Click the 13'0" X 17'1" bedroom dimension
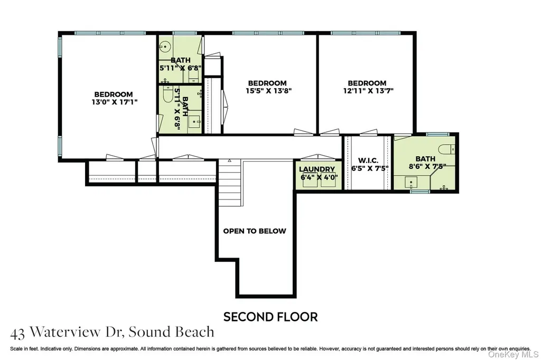[x=114, y=102]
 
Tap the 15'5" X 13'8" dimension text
[x=269, y=91]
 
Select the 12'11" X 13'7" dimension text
[x=368, y=91]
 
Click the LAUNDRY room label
[x=317, y=169]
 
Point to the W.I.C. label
[x=368, y=160]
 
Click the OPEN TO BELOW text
[x=255, y=231]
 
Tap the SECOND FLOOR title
[x=270, y=317]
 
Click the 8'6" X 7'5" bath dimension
[x=427, y=167]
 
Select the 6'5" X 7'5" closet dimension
[x=370, y=168]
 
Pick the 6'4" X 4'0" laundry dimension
[x=319, y=177]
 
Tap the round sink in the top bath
[x=166, y=46]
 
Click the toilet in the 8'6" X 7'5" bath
[x=446, y=149]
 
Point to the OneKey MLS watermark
[x=513, y=355]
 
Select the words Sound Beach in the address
[x=172, y=331]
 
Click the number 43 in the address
[x=17, y=334]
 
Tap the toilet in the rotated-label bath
[x=167, y=94]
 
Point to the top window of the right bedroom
[x=366, y=33]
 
